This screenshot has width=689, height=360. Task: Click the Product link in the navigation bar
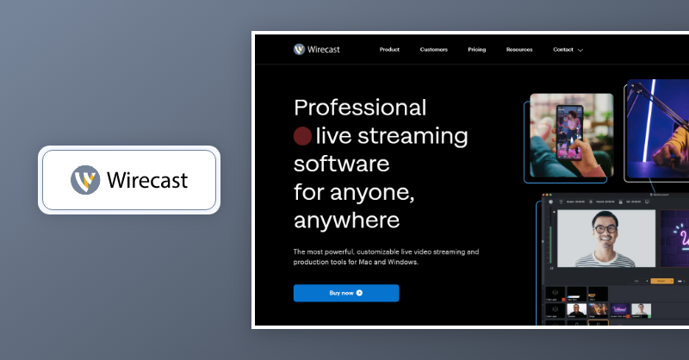coord(389,50)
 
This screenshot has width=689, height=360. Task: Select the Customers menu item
coord(433,50)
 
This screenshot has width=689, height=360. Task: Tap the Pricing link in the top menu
coord(476,50)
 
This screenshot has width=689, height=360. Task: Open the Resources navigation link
coord(519,50)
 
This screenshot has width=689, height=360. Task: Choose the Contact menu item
coord(563,50)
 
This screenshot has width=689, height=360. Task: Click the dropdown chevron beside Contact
coord(580,51)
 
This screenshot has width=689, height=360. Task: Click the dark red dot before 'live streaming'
coord(302,136)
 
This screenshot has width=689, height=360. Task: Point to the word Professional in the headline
coord(360,108)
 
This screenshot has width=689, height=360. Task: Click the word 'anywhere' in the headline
coord(346,220)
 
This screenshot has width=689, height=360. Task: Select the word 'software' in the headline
coord(341,164)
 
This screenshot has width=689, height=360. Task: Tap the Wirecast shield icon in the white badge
coord(84,180)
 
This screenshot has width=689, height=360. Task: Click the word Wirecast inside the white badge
coord(147,181)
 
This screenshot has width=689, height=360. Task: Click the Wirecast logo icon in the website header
coord(299,49)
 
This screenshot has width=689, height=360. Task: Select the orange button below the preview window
coord(661,281)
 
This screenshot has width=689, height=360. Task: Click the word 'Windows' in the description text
coord(400,262)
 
